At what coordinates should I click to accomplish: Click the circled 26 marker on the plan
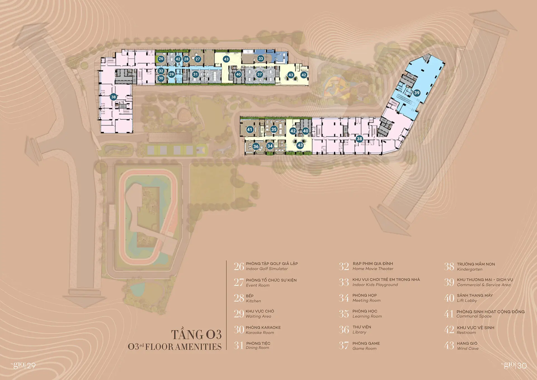[161, 59]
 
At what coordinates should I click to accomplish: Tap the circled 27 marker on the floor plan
[198, 59]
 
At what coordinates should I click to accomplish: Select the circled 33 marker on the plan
[261, 58]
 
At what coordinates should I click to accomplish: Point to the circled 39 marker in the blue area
[417, 93]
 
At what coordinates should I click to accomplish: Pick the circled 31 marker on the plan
[196, 74]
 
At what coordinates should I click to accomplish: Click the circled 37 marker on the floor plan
[260, 74]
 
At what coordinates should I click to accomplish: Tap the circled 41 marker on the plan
[250, 130]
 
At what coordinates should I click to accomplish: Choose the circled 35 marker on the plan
[274, 129]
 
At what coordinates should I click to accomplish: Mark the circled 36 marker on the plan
[256, 147]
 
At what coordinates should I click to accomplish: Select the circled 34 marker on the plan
[270, 146]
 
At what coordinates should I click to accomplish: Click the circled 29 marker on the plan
[171, 74]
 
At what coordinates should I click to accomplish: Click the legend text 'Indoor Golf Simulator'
[267, 269]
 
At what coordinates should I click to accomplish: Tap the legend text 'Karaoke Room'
[260, 333]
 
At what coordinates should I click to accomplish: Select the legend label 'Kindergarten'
[470, 269]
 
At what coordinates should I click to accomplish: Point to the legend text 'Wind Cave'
[468, 349]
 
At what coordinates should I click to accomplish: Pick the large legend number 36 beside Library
[344, 330]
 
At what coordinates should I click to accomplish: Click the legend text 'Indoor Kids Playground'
[375, 285]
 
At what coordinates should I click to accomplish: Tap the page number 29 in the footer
[31, 366]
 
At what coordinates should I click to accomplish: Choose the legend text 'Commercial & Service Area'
[484, 285]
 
